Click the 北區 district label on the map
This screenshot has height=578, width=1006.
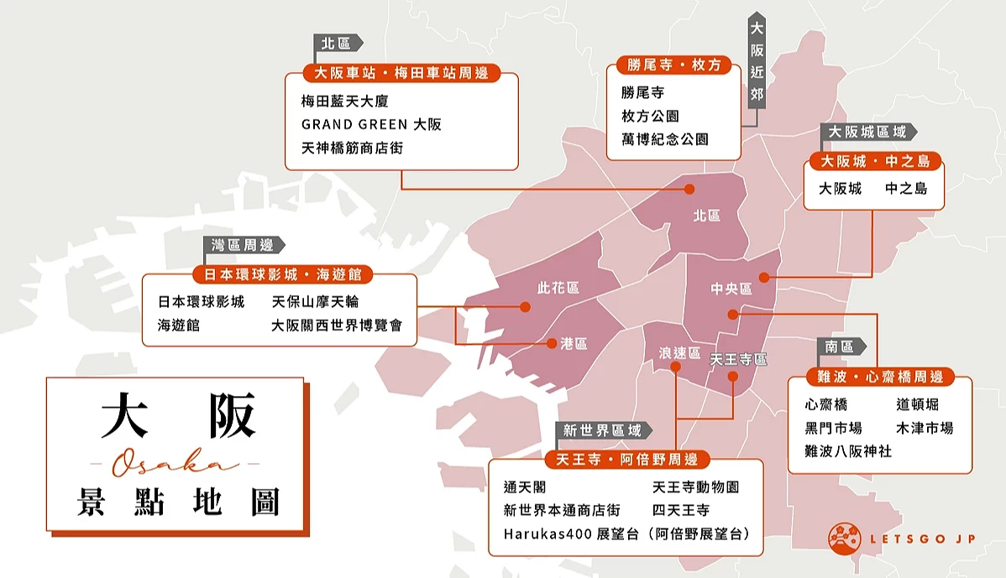tap(707, 216)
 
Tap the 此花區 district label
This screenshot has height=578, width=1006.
tap(558, 288)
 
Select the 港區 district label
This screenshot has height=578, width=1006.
tap(574, 343)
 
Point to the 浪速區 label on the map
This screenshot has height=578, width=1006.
tap(679, 353)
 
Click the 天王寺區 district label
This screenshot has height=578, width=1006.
tap(738, 359)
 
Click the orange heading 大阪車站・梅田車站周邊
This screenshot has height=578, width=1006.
tap(401, 73)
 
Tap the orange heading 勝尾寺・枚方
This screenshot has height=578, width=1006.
tap(673, 65)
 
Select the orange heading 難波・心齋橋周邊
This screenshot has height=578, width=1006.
tap(879, 377)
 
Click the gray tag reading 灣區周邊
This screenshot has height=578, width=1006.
tap(243, 245)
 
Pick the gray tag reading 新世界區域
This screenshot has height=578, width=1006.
tap(602, 430)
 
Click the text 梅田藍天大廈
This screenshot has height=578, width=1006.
tap(345, 101)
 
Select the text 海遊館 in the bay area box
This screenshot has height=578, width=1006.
tap(179, 325)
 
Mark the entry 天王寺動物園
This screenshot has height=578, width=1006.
tap(695, 487)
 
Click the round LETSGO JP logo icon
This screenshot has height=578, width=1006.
tap(845, 539)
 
